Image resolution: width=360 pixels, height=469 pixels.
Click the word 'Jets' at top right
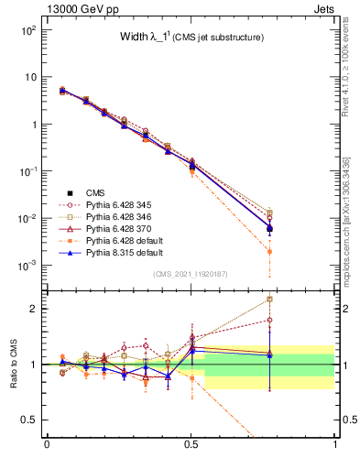[325, 7]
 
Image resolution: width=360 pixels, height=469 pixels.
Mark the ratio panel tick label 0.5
[28, 420]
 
